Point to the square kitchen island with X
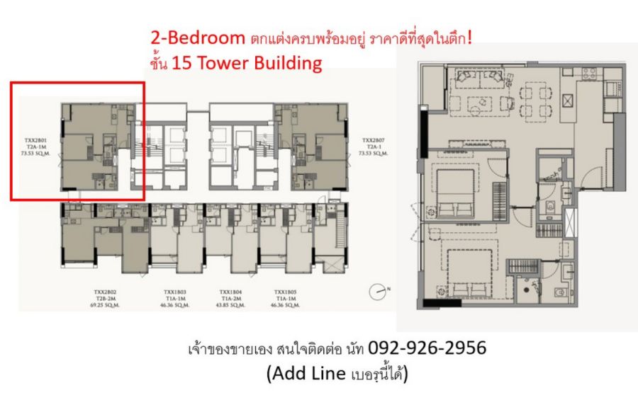(569, 100)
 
